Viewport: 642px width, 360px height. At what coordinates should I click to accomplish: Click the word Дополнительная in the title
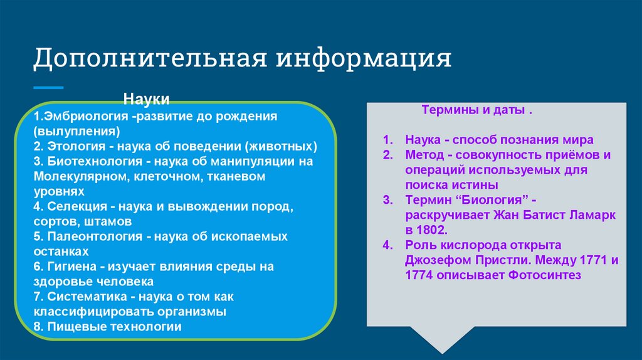click(150, 58)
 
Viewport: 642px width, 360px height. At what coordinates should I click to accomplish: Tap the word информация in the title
click(364, 58)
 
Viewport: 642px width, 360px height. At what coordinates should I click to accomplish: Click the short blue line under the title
click(48, 88)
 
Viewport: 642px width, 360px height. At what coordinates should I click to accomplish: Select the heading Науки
click(146, 99)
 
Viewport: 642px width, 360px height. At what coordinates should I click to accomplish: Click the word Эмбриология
click(86, 116)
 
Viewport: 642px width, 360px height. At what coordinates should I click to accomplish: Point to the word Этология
click(76, 146)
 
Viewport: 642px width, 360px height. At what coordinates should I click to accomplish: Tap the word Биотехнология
click(95, 161)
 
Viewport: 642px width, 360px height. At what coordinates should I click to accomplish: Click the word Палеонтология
click(95, 236)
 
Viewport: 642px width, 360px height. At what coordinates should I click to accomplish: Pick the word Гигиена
click(71, 267)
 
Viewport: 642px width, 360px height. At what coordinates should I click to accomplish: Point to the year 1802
click(431, 230)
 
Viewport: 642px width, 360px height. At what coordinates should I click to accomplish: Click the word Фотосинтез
click(545, 275)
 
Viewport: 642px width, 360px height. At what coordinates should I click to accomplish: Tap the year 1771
click(594, 260)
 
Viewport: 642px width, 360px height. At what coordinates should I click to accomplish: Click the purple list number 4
click(387, 245)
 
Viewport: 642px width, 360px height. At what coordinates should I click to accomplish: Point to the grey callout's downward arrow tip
click(442, 354)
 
